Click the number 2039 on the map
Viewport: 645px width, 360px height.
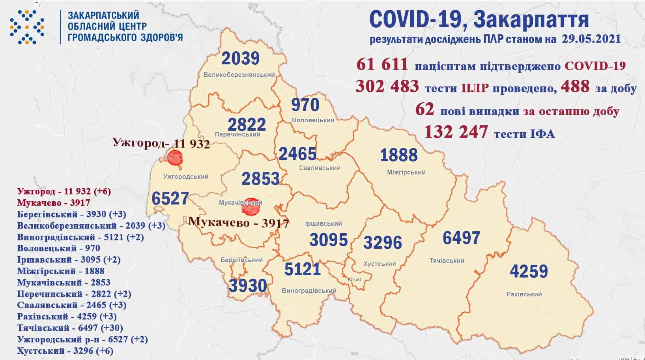(x=240, y=58)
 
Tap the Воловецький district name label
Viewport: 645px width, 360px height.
(x=313, y=120)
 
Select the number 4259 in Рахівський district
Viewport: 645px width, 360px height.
(x=529, y=272)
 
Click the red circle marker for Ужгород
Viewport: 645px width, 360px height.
(x=174, y=159)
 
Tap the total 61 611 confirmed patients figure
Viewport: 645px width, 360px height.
(x=382, y=64)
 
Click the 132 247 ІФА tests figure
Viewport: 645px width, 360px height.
(x=456, y=132)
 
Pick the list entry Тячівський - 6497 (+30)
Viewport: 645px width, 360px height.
(x=70, y=328)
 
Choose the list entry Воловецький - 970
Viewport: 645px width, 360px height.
(x=58, y=248)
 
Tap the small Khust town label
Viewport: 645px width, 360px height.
(x=354, y=279)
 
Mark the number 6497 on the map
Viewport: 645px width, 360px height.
(x=461, y=238)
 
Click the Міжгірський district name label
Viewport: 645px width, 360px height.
(x=406, y=172)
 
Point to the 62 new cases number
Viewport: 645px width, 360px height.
(x=424, y=109)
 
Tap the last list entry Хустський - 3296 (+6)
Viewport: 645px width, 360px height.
(x=65, y=351)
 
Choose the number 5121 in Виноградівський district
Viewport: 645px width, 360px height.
(x=302, y=270)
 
